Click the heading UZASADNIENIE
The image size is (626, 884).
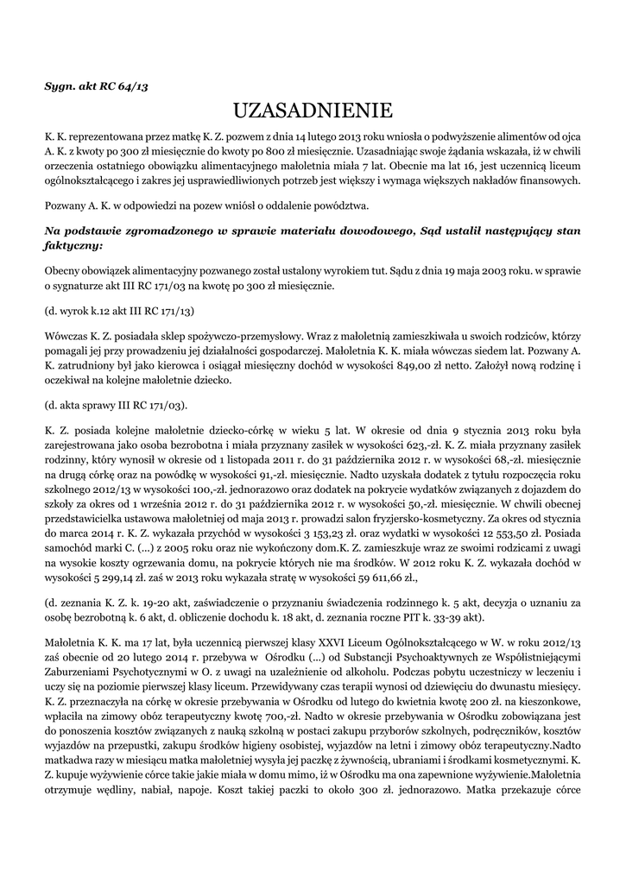[x=313, y=110]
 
